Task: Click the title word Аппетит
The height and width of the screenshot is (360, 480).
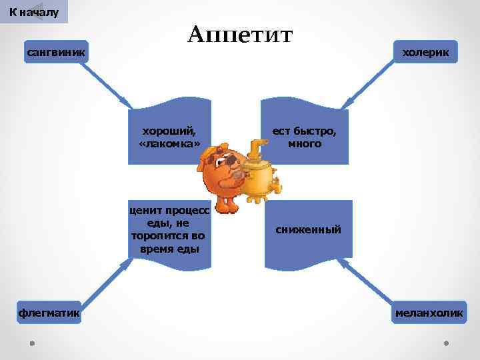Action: coord(239,35)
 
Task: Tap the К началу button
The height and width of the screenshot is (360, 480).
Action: coord(34,12)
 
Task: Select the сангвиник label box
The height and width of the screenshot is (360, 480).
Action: coord(56,51)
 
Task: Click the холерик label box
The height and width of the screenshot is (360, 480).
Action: coord(425,51)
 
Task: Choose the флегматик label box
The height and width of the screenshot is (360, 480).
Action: coord(49,312)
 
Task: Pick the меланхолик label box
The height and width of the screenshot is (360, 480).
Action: coord(429,313)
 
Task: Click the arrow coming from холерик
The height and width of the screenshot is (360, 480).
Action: coord(370,83)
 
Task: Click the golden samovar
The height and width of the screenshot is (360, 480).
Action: coord(260,177)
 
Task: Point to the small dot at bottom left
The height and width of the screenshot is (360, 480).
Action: coord(32,343)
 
